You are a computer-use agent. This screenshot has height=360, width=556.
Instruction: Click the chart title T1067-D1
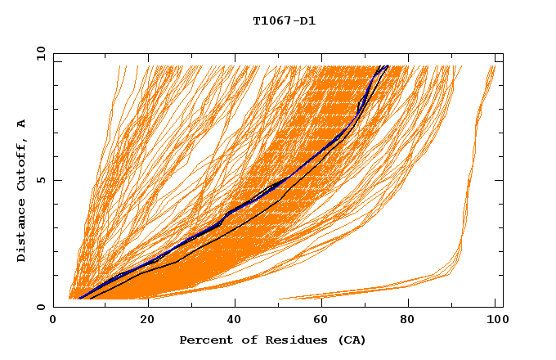(x=284, y=21)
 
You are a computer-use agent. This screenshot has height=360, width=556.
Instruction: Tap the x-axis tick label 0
(x=53, y=321)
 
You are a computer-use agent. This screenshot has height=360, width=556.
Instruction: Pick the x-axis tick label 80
(x=407, y=321)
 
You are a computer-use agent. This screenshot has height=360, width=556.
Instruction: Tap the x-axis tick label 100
(x=495, y=321)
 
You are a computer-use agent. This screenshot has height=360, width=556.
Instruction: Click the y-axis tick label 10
(x=38, y=54)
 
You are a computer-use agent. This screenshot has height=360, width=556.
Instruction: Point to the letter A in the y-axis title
(x=22, y=124)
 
